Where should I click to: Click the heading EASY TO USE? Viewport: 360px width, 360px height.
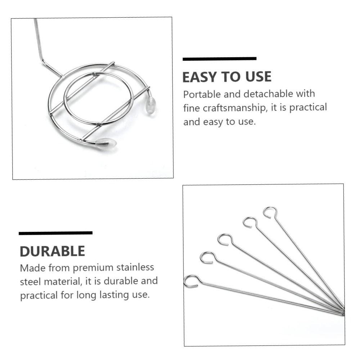point(226,77)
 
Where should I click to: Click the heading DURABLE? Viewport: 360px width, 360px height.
point(52,251)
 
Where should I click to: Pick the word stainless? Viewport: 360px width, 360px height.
point(136,267)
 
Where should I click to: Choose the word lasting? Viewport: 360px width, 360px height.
point(109,295)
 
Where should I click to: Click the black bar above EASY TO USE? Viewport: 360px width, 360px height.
point(220,59)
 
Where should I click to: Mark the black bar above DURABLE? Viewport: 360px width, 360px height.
point(55,233)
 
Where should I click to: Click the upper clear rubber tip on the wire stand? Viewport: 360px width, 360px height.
point(151,105)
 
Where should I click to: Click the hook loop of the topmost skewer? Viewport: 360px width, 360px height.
point(270,212)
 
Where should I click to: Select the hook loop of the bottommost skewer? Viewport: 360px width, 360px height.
point(191,281)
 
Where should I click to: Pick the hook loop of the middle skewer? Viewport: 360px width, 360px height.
point(225,239)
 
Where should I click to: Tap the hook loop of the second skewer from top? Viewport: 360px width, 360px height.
point(249,222)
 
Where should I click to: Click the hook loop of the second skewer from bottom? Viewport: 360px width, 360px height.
point(207,257)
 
